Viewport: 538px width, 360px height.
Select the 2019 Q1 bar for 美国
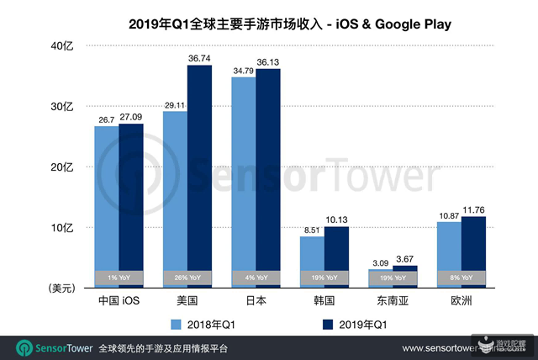[x=199, y=177]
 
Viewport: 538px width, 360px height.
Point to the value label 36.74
[x=199, y=57]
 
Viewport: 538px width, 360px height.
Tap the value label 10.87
[x=456, y=214]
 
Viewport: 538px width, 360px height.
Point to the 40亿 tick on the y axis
[x=63, y=47]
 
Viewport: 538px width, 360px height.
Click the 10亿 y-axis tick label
[x=63, y=228]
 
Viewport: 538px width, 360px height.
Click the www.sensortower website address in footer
[x=454, y=348]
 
